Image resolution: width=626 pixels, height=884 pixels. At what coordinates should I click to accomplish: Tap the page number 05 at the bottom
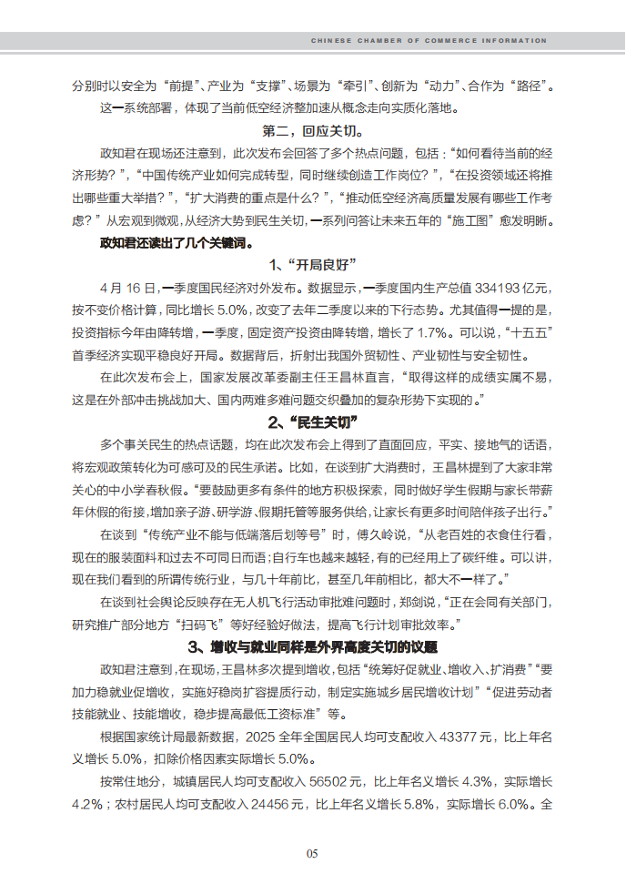(x=312, y=853)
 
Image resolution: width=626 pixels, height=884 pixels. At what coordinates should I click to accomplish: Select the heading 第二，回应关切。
(x=312, y=131)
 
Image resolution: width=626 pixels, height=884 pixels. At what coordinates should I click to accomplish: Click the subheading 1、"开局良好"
(x=312, y=265)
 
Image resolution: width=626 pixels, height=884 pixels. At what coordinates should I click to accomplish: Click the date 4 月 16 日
(x=129, y=287)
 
